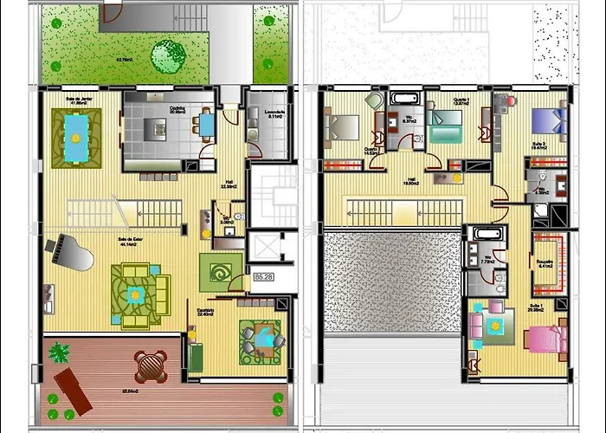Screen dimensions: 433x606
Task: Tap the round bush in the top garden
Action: (x=168, y=56)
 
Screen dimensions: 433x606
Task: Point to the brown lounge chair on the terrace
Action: (x=72, y=389)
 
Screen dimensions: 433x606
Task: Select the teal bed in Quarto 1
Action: (x=445, y=131)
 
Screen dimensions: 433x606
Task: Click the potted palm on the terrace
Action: (x=59, y=353)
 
